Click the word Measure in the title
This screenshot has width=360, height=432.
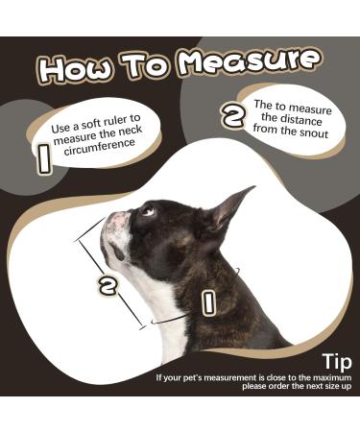[x=250, y=61]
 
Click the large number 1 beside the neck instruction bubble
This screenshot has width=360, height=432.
[x=44, y=158]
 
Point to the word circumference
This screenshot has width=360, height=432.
[x=99, y=147]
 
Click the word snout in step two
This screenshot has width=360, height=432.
[x=314, y=132]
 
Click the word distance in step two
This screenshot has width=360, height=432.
[x=300, y=121]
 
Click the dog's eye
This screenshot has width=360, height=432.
[x=148, y=210]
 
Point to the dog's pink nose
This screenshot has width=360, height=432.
[x=118, y=220]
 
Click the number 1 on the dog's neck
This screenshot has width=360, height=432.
[x=208, y=303]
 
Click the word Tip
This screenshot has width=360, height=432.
[x=336, y=362]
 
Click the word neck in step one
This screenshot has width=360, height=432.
[x=130, y=132]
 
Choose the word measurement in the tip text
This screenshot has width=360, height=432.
[x=229, y=378]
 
